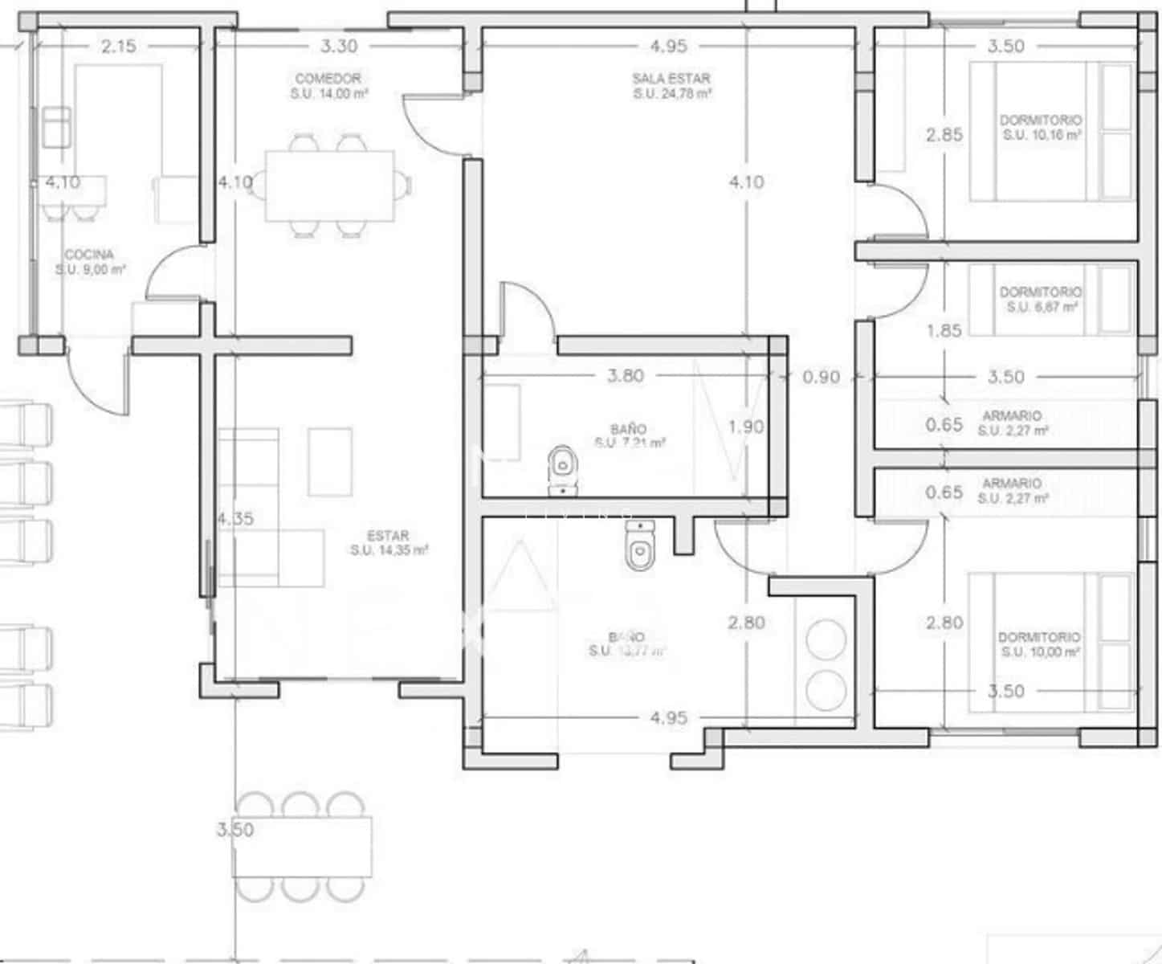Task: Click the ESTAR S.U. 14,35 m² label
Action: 388,542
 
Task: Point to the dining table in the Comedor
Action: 330,186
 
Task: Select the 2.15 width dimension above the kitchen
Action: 118,46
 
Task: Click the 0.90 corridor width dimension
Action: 821,376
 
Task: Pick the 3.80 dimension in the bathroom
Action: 625,375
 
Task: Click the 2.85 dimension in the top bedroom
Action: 944,134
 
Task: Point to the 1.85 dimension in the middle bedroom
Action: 944,329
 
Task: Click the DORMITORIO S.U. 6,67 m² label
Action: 1040,299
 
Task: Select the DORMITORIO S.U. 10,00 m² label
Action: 1039,644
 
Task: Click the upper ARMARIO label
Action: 1012,423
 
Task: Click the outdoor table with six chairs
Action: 302,847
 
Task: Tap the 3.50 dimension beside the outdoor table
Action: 234,829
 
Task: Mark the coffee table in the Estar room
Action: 329,462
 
